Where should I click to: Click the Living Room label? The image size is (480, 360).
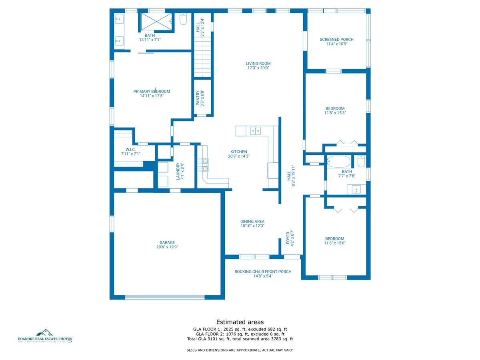coord(258,63)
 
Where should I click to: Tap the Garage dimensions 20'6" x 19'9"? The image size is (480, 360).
coord(167,247)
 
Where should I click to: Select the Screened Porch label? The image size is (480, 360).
coord(336,39)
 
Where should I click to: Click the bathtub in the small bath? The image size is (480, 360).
coord(339,162)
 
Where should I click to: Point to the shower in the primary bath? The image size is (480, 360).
coord(156,21)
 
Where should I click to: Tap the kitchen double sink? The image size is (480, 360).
coord(256,130)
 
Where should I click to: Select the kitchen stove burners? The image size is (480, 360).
coord(202,164)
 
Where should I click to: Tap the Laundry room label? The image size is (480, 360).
coord(180,171)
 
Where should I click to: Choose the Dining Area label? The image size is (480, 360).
coord(252,222)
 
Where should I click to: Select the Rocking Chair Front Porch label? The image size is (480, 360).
coord(263,272)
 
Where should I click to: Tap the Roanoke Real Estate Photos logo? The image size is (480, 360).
coord(45,336)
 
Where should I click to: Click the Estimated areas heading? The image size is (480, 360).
coord(240,322)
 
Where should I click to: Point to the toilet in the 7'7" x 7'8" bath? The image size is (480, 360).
coord(361,161)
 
